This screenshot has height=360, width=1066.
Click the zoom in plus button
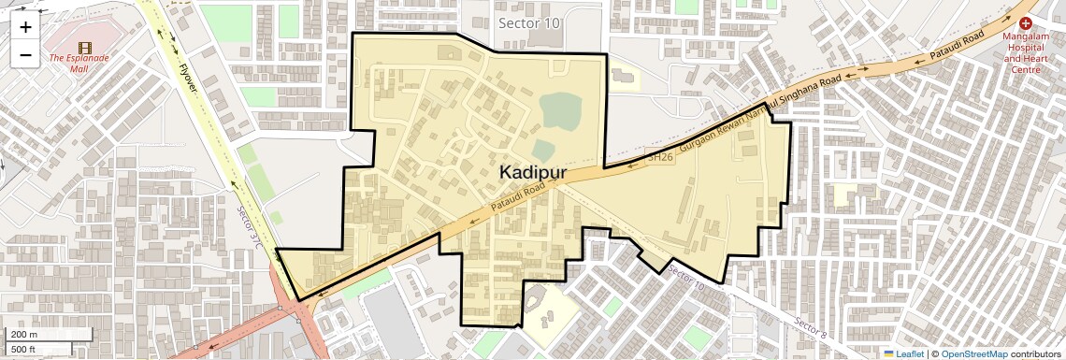point(25,27)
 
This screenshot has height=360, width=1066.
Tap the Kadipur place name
point(533,172)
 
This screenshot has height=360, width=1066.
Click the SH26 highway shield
point(659,157)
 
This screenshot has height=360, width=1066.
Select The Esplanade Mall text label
point(79,58)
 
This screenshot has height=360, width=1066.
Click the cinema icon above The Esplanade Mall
point(85,47)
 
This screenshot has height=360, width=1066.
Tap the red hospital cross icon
point(1026,22)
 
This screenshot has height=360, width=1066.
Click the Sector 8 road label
point(810,326)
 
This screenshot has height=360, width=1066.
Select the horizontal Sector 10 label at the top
point(529,22)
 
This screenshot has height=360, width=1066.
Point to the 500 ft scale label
point(24,349)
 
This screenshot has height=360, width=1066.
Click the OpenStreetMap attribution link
point(973,353)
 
